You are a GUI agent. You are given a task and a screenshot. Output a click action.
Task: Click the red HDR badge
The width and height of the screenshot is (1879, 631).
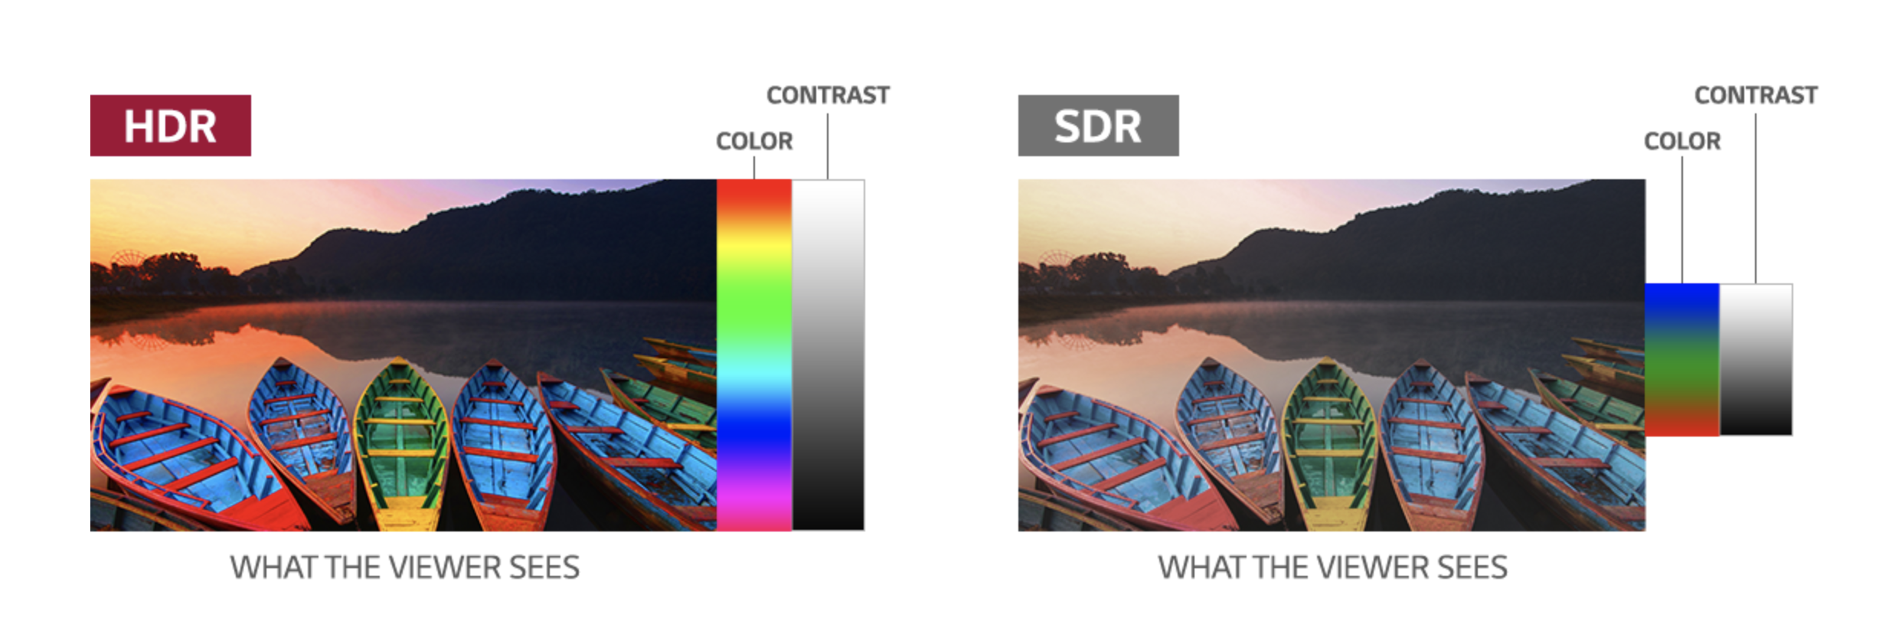point(171,126)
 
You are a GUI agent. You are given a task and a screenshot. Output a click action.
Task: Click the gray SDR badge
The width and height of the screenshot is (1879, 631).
point(1098,126)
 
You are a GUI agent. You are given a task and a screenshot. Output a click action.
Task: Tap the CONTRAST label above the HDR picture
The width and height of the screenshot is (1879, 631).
point(828,95)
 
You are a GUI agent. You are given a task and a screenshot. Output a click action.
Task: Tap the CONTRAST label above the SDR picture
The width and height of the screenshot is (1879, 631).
point(1756,95)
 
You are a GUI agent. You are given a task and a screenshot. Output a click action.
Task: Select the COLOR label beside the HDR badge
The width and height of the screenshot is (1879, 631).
point(754,141)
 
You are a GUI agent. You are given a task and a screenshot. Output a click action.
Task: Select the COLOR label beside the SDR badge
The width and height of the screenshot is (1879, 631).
point(1682,141)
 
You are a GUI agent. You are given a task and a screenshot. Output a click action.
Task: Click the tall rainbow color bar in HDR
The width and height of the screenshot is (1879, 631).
point(754,355)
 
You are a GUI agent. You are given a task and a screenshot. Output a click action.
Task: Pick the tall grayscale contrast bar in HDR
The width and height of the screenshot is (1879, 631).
point(828,355)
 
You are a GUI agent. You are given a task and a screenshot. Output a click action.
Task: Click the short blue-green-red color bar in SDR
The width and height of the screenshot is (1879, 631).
point(1682,360)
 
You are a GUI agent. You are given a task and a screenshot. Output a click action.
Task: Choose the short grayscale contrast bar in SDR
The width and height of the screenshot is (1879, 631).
point(1756,360)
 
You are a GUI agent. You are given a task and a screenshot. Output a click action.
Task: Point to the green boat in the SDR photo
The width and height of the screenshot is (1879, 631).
point(1329,444)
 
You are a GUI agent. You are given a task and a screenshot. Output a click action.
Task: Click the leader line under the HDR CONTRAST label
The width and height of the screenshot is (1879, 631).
point(828,146)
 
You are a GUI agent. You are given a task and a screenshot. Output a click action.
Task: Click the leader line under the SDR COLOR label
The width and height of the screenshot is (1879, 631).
point(1682,220)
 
